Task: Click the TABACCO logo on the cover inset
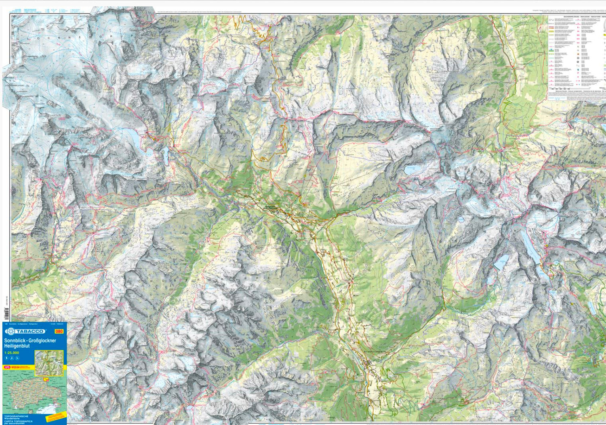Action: click(25, 331)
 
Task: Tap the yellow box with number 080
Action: click(59, 331)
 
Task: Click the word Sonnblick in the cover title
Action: click(14, 341)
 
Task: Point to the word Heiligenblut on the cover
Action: click(17, 346)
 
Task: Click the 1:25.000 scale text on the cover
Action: click(11, 353)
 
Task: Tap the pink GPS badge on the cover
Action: click(7, 367)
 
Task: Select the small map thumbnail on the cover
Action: click(49, 363)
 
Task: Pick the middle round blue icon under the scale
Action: click(12, 358)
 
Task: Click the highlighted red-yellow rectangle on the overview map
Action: click(46, 379)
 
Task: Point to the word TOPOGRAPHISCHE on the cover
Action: click(16, 416)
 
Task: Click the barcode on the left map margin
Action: click(6, 313)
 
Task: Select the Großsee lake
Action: click(501, 262)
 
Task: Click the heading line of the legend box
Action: click(577, 17)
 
